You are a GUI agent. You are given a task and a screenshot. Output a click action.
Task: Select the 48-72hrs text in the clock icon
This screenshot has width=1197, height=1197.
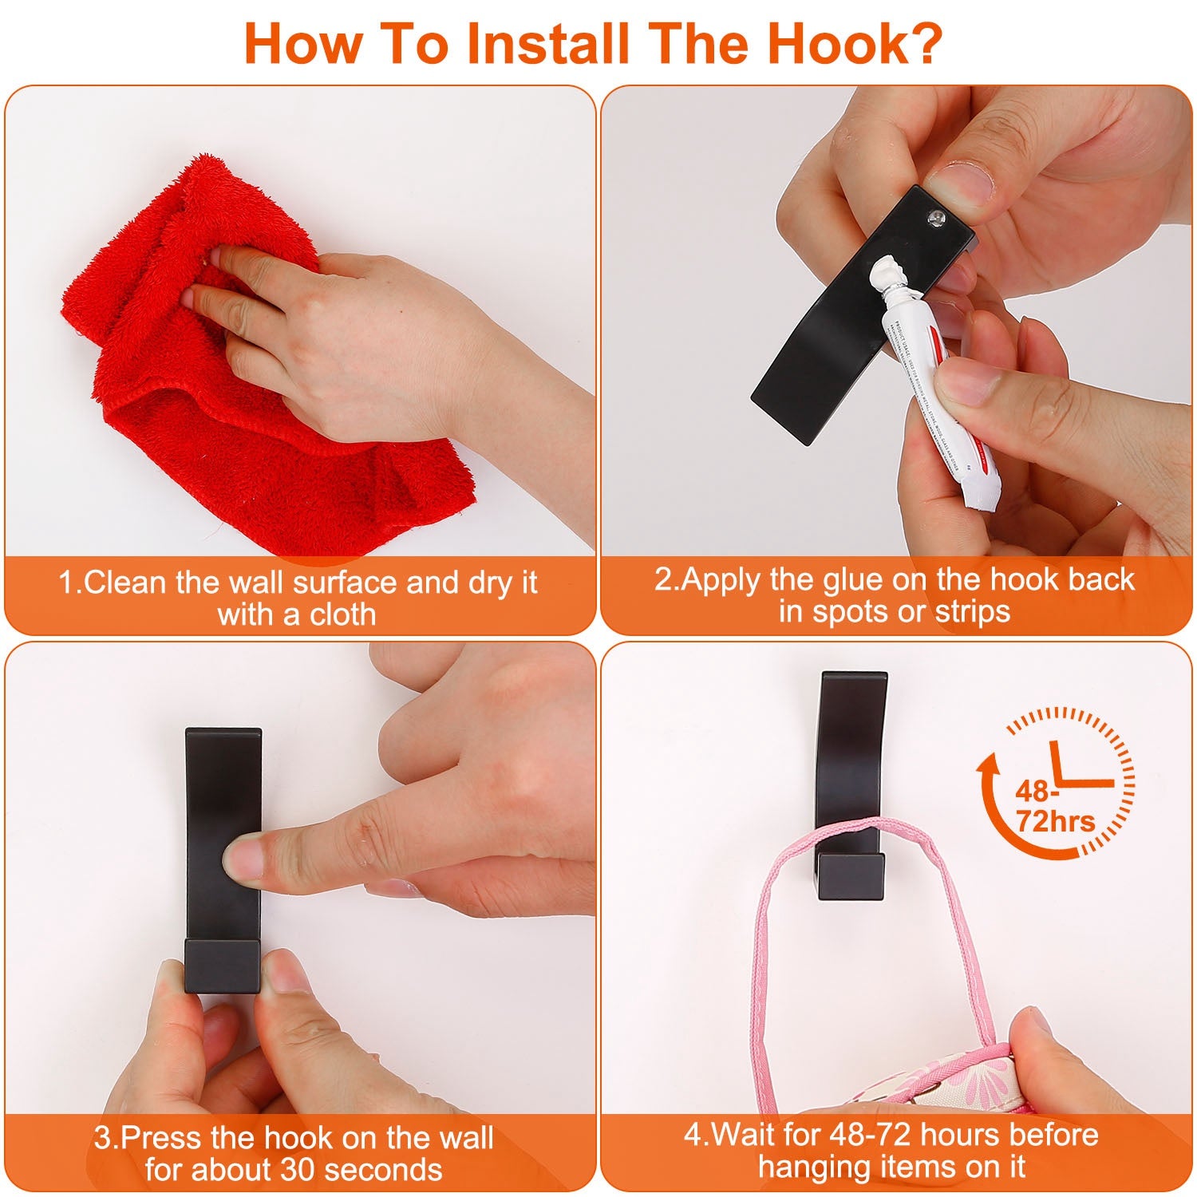point(1053,807)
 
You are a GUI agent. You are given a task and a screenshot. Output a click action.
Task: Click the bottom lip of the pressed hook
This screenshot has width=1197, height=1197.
point(223,966)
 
